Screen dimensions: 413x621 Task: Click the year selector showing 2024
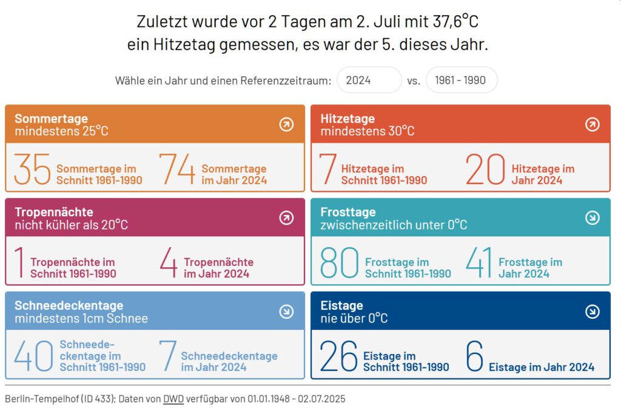point(369,80)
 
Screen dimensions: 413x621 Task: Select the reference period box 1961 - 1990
point(461,80)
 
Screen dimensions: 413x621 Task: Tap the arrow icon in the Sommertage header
point(286,125)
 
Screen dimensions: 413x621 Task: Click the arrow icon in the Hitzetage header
point(592,125)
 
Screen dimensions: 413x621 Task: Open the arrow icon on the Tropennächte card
point(286,218)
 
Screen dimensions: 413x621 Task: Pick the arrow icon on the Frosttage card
point(592,218)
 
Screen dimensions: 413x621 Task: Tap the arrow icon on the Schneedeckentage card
point(286,312)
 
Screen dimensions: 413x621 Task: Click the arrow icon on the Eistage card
point(592,312)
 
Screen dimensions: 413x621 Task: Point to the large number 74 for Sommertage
point(177,169)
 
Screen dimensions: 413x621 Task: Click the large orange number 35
point(32,169)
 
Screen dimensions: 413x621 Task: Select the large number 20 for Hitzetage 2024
point(485,169)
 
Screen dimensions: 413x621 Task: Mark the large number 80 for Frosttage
point(340,262)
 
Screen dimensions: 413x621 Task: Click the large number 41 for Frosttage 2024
point(478,262)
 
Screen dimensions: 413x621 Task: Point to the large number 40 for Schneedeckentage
point(33,356)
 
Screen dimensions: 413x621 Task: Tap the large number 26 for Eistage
point(338,356)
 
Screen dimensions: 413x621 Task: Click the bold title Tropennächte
point(54,212)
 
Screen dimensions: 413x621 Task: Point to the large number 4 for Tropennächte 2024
point(169,262)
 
